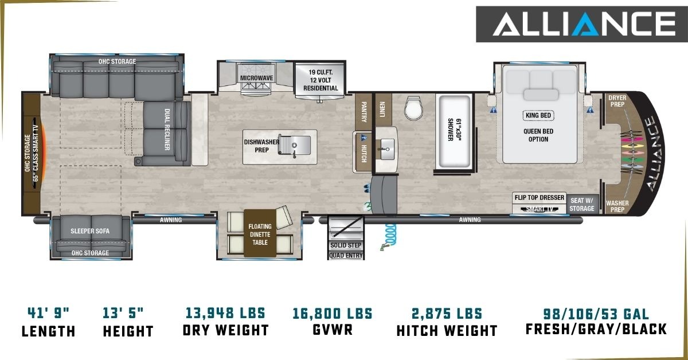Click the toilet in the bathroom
point(413,108)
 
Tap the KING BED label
point(538,115)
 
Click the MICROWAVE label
point(256,78)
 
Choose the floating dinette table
point(260,233)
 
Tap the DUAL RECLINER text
point(167,130)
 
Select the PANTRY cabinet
point(363,112)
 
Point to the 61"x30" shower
point(455,132)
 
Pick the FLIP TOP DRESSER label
point(540,198)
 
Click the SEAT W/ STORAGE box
point(583,204)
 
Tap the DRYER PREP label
point(617,101)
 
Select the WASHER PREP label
point(617,206)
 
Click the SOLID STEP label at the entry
point(346,245)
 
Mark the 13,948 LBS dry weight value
point(225,314)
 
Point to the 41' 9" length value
point(49,314)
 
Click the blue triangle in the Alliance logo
point(585,24)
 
